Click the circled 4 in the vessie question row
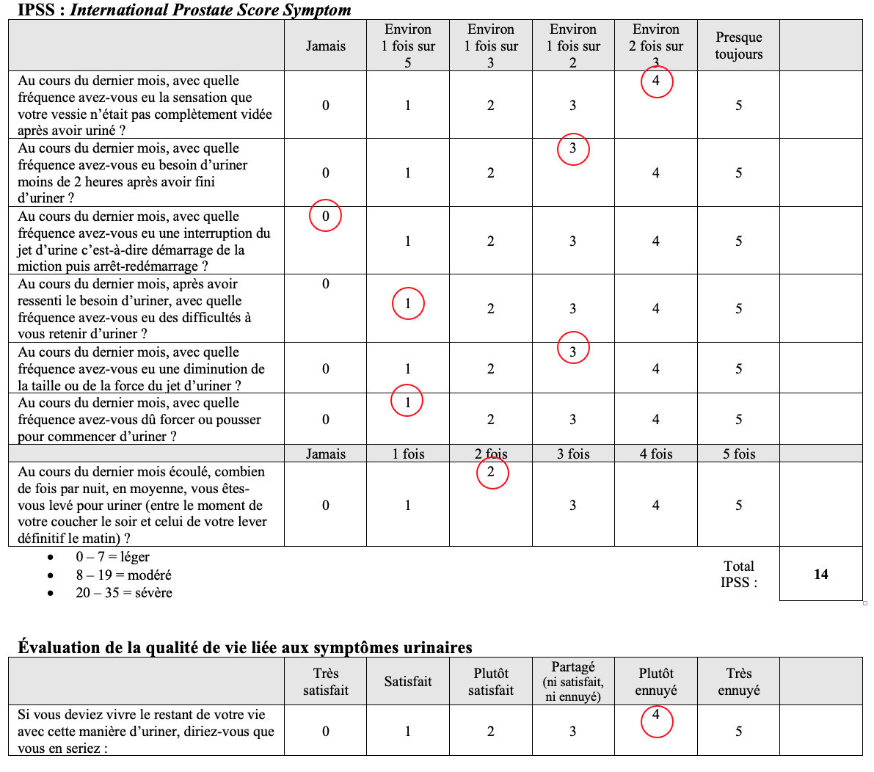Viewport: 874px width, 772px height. click(656, 81)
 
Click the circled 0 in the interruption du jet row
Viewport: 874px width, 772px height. click(325, 216)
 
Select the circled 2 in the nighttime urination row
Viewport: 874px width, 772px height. click(491, 472)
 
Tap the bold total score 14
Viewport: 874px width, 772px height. click(820, 574)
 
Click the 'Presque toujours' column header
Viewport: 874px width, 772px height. click(738, 45)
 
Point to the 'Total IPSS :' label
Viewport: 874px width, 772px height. click(738, 574)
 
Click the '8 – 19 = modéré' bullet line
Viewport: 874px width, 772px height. click(123, 575)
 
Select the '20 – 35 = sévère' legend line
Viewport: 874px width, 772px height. click(123, 592)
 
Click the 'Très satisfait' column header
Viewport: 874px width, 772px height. click(325, 681)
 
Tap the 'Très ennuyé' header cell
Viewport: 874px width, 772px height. click(738, 681)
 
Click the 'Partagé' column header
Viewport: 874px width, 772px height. click(573, 681)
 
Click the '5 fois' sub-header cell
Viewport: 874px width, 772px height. click(738, 454)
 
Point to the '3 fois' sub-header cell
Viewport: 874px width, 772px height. click(573, 454)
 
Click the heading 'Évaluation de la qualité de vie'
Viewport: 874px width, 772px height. click(244, 647)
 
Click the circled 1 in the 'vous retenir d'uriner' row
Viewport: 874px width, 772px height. click(408, 303)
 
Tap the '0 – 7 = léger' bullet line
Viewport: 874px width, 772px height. click(112, 557)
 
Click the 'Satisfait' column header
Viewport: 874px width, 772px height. click(408, 681)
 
